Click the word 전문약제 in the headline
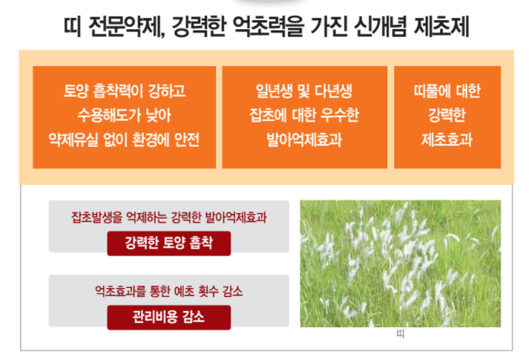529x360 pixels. pyautogui.click(x=127, y=26)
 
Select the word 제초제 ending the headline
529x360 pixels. pyautogui.click(x=441, y=26)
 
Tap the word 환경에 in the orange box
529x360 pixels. pyautogui.click(x=151, y=140)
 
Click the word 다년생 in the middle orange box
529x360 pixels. pyautogui.click(x=333, y=91)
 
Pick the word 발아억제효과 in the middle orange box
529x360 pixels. pyautogui.click(x=304, y=140)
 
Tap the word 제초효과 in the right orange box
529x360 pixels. pyautogui.click(x=447, y=140)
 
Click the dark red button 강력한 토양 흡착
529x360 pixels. pyautogui.click(x=169, y=243)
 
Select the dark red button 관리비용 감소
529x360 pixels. pyautogui.click(x=169, y=318)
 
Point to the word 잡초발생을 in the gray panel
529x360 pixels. pyautogui.click(x=96, y=217)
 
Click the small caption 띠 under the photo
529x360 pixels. pyautogui.click(x=401, y=334)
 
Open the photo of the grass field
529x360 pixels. pyautogui.click(x=401, y=264)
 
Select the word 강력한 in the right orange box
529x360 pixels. pyautogui.click(x=447, y=115)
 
